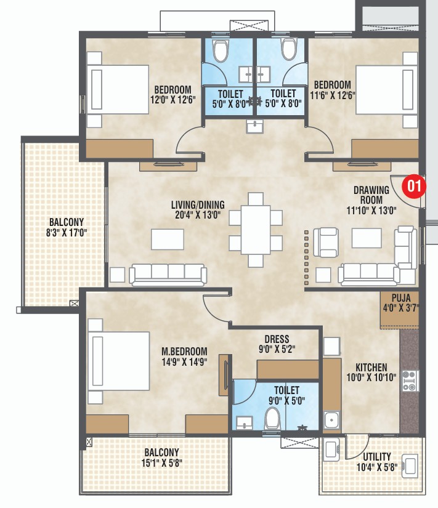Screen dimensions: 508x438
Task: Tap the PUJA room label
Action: [x=396, y=298]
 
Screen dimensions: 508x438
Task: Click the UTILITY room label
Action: [x=376, y=456]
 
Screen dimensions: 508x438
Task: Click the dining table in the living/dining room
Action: [x=255, y=229]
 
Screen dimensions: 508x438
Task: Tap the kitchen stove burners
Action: [x=410, y=381]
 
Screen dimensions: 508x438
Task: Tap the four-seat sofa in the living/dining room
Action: [x=168, y=274]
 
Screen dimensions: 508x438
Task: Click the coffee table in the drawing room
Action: [x=367, y=238]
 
